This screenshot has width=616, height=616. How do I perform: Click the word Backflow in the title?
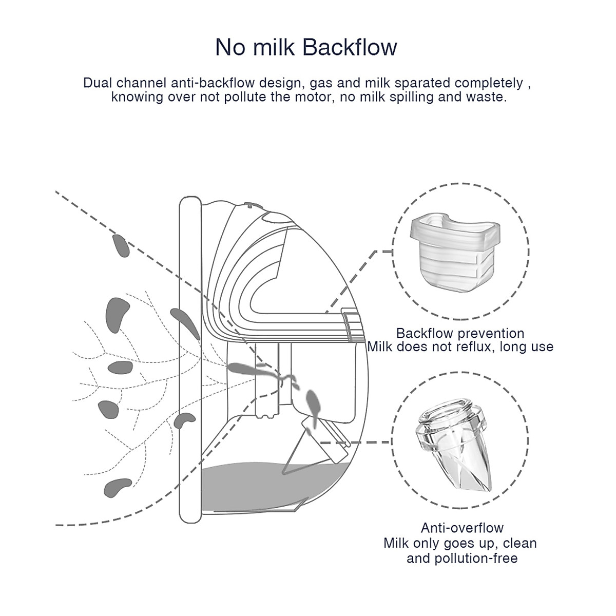(350, 47)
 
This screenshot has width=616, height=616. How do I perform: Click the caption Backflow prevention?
(460, 334)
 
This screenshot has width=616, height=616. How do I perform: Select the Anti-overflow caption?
(461, 528)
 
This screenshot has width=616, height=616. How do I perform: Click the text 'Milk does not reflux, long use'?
(460, 347)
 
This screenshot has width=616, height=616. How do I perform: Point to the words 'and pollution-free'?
(461, 559)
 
